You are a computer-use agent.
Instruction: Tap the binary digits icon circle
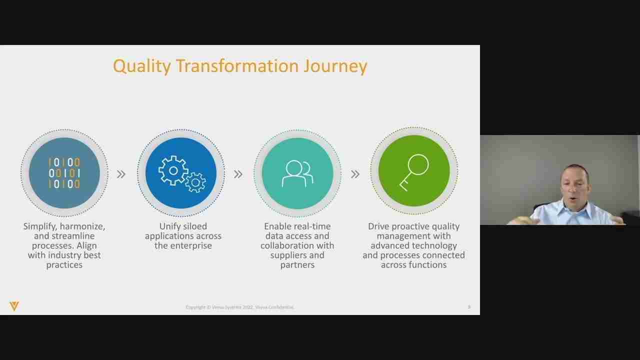64,173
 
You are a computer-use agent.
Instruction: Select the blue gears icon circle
181,173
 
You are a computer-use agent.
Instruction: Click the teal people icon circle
297,173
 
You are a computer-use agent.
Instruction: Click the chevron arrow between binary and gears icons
121,174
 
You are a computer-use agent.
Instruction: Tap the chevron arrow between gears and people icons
238,174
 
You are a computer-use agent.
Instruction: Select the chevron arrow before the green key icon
355,174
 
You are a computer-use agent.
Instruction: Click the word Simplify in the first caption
39,226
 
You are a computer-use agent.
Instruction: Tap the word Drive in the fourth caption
379,226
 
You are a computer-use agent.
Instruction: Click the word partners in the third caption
297,264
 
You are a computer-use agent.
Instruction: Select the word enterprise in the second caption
190,245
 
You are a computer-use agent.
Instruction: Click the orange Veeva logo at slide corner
14,306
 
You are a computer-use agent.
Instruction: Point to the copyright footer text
239,307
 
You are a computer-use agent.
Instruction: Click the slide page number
469,307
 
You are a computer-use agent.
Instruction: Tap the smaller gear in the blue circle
195,182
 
